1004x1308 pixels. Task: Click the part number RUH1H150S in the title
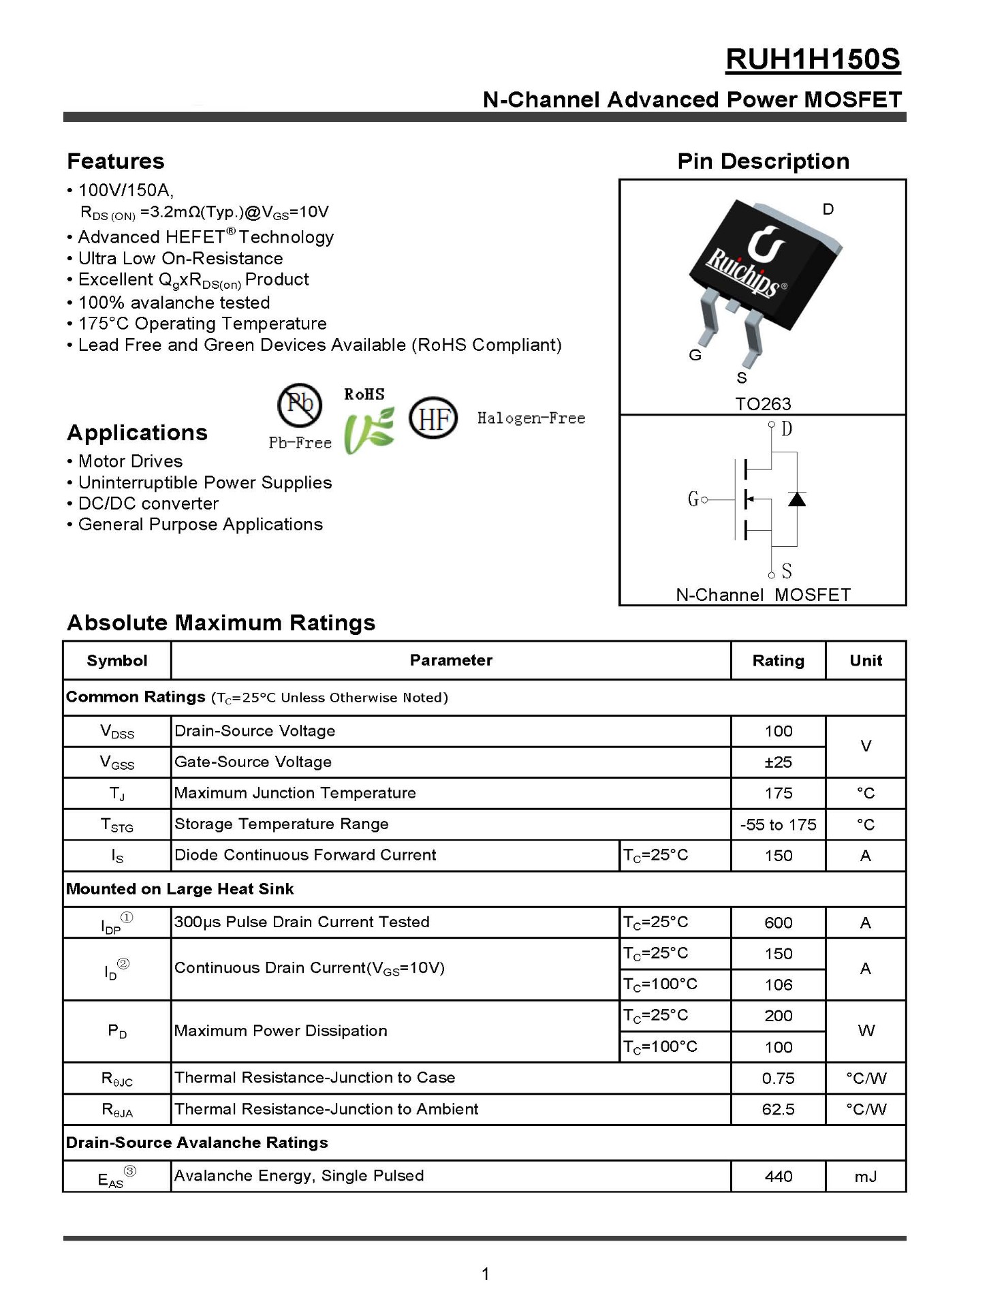[x=813, y=60]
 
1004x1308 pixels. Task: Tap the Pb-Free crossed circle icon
[x=300, y=405]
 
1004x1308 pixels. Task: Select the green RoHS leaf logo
[x=368, y=430]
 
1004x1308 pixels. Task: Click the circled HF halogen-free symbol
[x=433, y=418]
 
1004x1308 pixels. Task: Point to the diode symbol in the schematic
[x=796, y=499]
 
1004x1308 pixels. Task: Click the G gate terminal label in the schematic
[x=693, y=499]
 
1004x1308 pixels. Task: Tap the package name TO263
[x=763, y=404]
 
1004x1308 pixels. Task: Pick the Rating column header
[x=778, y=660]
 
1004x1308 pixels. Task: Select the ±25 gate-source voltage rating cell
[x=778, y=762]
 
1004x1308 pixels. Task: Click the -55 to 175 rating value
[x=778, y=825]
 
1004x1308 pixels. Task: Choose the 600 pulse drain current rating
[x=778, y=923]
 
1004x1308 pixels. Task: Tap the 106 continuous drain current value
[x=778, y=985]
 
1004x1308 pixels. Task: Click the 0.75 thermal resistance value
[x=778, y=1078]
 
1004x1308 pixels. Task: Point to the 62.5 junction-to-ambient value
[x=778, y=1109]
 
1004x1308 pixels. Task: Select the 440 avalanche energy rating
[x=778, y=1177]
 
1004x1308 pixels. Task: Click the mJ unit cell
[x=865, y=1177]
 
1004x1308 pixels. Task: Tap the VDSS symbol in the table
[x=117, y=732]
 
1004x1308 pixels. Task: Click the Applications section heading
[x=137, y=433]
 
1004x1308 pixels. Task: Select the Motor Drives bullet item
[x=130, y=461]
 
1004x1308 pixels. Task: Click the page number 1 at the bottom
[x=485, y=1274]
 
